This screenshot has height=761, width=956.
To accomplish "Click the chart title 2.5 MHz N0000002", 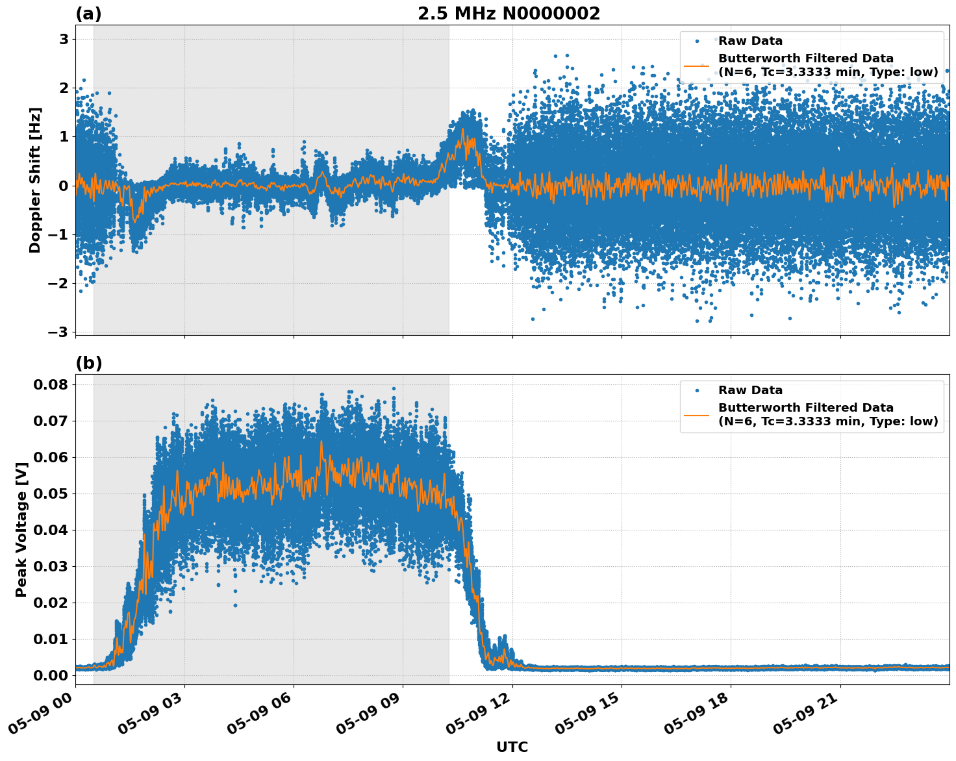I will (509, 14).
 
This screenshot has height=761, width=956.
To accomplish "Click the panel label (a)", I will (88, 14).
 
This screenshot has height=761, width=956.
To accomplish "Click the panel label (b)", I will (88, 363).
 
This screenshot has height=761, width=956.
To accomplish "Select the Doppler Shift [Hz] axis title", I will (35, 180).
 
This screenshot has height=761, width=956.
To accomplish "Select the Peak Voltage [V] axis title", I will (21, 529).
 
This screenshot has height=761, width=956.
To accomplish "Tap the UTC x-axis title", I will (512, 747).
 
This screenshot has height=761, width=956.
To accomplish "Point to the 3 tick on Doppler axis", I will (64, 40).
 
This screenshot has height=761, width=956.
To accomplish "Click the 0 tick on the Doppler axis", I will (64, 186).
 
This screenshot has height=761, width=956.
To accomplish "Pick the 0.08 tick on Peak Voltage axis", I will (51, 385).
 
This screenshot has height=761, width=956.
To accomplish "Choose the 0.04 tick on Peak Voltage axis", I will (51, 530).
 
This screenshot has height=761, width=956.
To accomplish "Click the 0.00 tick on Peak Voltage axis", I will (51, 676).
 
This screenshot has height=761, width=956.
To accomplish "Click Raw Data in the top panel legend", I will (750, 41).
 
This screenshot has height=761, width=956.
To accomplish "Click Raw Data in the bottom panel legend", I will (750, 390).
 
